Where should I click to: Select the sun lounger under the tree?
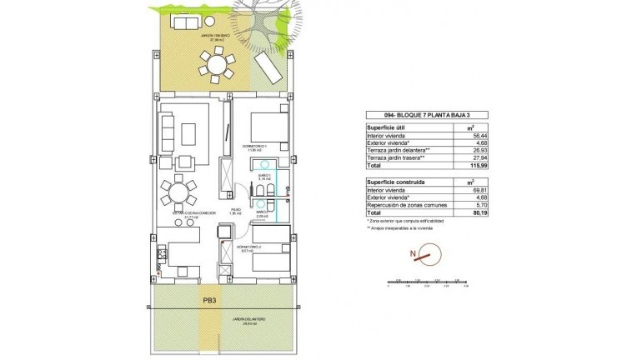pyautogui.click(x=269, y=65)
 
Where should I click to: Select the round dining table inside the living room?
pyautogui.click(x=177, y=194)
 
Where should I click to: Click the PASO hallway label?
pyautogui.click(x=236, y=211)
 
